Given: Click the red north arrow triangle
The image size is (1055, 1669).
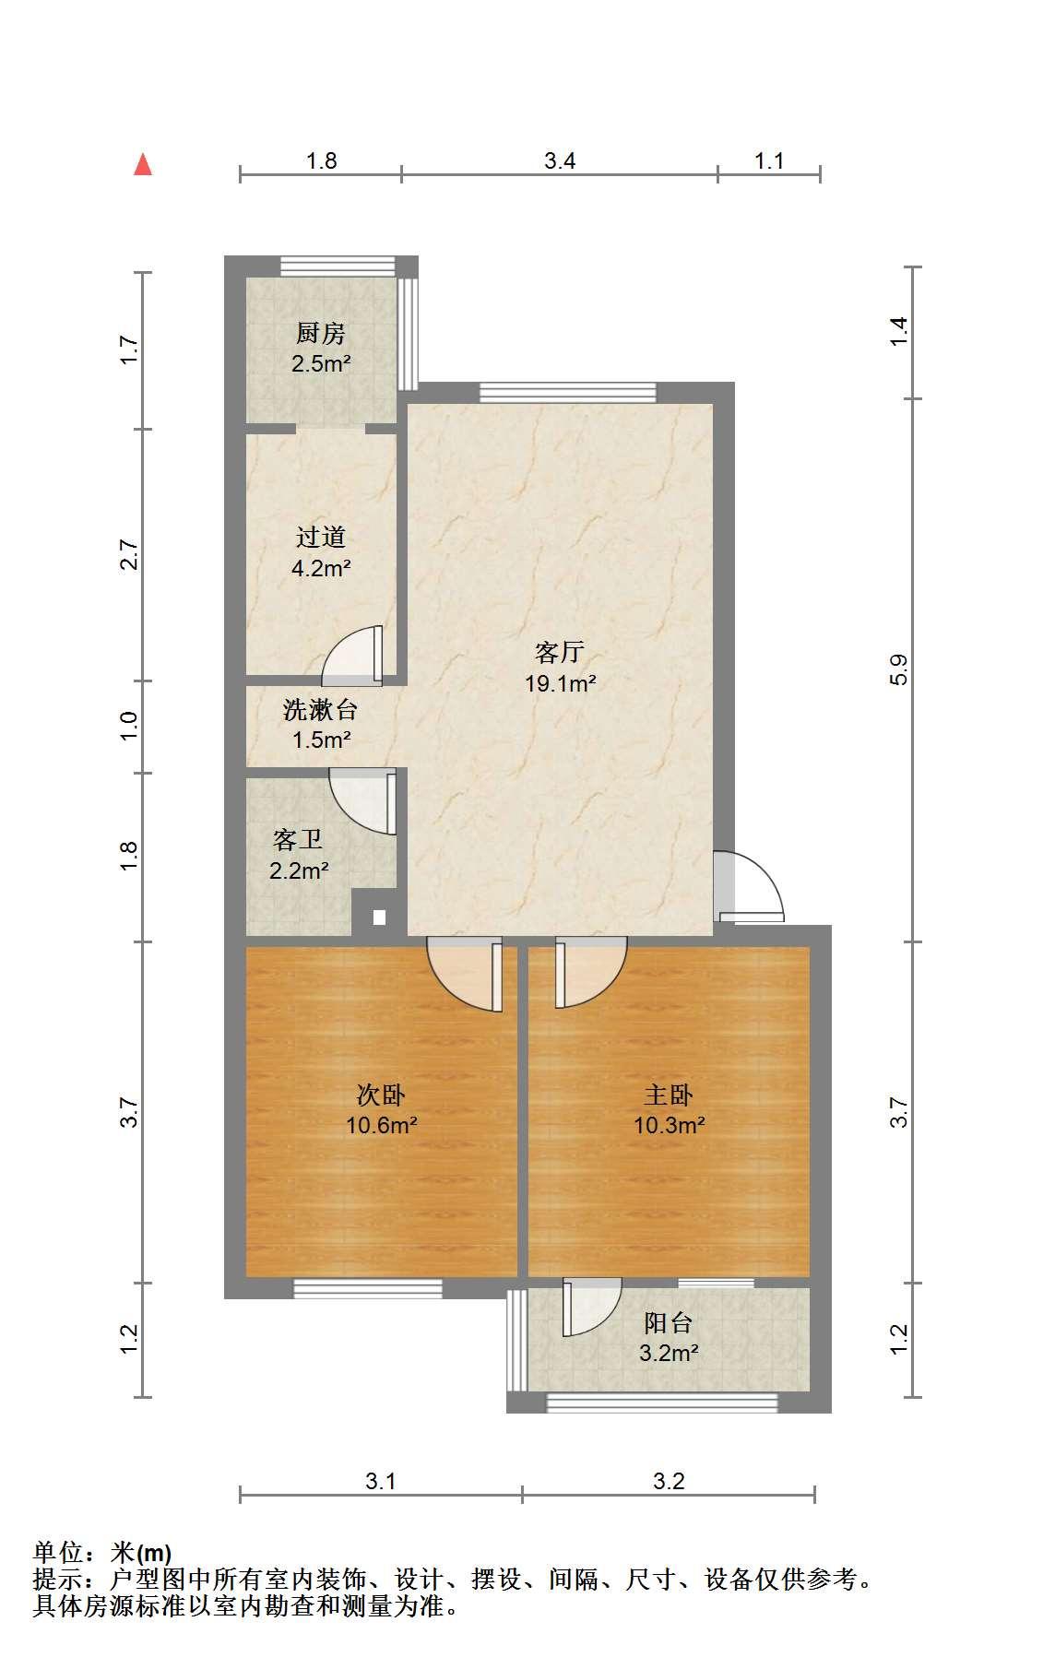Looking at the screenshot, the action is click(x=143, y=164).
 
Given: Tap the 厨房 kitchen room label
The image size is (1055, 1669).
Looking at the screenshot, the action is click(x=320, y=333).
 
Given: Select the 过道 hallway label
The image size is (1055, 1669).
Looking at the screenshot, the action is click(x=320, y=537).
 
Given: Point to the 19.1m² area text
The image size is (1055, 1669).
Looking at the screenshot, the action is click(x=560, y=683).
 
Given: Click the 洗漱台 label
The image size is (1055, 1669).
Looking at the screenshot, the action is click(x=320, y=710).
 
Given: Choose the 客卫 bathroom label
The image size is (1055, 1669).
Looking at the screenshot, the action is click(x=298, y=840).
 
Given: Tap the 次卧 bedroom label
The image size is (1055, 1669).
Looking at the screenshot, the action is click(x=381, y=1095).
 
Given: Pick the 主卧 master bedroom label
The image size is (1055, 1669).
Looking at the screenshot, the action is click(x=669, y=1095).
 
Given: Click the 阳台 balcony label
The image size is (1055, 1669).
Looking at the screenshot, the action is click(x=669, y=1323).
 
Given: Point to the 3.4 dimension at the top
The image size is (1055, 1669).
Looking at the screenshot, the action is click(x=560, y=161).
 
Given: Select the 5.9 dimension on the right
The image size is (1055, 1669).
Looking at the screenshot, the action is click(x=900, y=669).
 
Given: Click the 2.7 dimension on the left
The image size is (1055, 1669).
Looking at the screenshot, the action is click(x=130, y=555).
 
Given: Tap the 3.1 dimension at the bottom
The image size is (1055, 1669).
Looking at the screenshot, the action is click(x=381, y=1482).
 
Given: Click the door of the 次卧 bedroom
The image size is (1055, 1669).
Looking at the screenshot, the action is click(x=466, y=975).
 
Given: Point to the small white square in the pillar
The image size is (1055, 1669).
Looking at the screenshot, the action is click(x=378, y=917).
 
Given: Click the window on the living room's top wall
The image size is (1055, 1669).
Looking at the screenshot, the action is click(x=568, y=393).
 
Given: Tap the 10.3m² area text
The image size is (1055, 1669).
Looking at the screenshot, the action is click(x=670, y=1125).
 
